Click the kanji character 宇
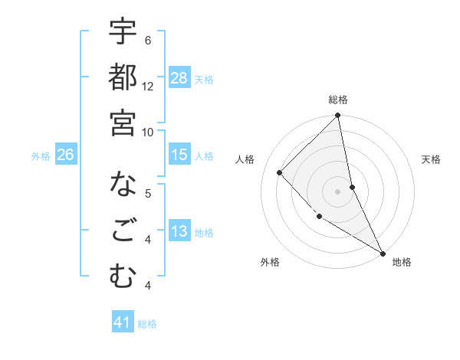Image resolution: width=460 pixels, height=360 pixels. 123,32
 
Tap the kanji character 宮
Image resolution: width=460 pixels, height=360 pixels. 123,123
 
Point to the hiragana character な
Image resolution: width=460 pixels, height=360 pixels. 123,185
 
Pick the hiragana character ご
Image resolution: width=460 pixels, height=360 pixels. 123,231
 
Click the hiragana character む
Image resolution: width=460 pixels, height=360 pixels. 123,277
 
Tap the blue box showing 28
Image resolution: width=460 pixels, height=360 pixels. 179,77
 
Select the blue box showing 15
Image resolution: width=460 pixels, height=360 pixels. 179,155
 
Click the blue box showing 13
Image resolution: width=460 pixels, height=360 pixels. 179,231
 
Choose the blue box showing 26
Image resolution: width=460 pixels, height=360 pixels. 65,155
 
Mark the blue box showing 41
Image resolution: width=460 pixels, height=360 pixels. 123,322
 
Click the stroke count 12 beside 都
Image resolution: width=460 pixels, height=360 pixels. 148,87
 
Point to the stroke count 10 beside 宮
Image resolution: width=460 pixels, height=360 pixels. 148,132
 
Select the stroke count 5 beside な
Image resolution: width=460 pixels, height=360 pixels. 147,193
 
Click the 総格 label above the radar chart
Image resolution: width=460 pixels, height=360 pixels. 338,100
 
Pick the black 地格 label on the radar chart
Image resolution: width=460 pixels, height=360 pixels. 402,262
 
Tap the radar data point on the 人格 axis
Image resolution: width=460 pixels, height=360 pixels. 280,172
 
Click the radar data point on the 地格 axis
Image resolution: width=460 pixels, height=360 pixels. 382,253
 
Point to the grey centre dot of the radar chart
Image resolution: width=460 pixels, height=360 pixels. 337,191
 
